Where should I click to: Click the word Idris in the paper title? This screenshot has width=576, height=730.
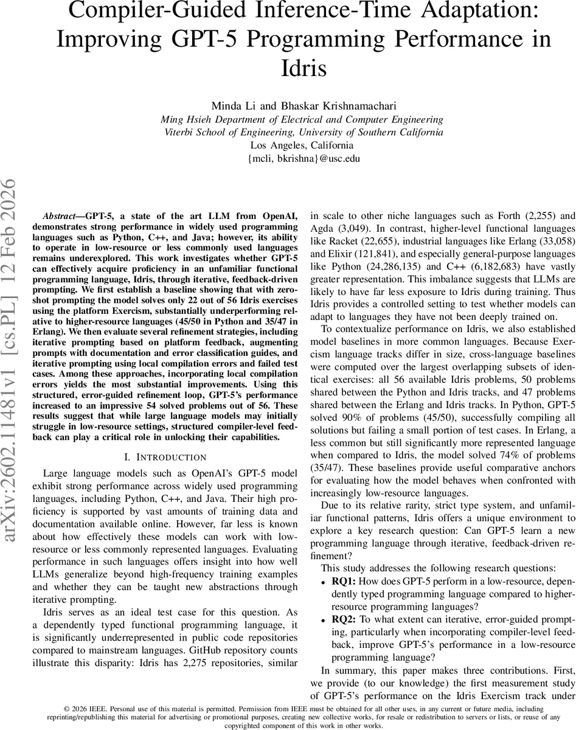(x=298, y=66)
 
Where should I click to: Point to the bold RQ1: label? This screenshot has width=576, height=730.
(x=344, y=581)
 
